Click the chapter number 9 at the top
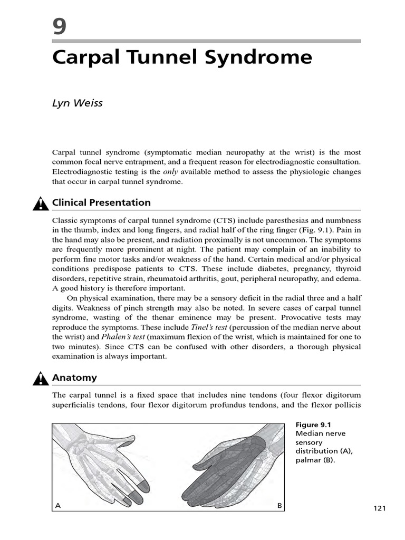point(60,26)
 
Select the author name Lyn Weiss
point(77,103)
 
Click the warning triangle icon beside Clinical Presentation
point(41,203)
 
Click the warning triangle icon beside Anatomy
point(41,378)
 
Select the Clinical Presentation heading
point(101,202)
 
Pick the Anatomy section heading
point(74,378)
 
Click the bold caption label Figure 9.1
point(314,425)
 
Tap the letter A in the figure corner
point(59,506)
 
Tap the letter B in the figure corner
point(280,506)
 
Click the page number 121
point(380,508)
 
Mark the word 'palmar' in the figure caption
point(307,460)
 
